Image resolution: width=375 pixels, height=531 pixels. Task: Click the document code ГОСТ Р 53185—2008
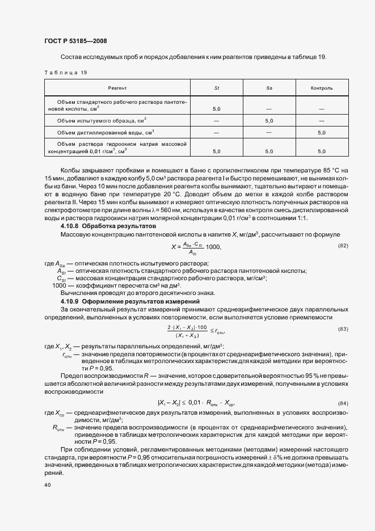pyautogui.click(x=75, y=41)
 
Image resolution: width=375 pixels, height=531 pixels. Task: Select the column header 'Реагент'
pyautogui.click(x=117, y=88)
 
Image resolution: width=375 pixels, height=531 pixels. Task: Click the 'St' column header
pyautogui.click(x=216, y=88)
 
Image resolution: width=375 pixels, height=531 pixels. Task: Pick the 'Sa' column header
pyautogui.click(x=269, y=88)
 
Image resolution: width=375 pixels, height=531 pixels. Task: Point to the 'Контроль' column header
pyautogui.click(x=321, y=88)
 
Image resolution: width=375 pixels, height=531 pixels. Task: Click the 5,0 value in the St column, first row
pyautogui.click(x=216, y=108)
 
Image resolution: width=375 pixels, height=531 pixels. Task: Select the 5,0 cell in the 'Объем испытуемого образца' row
pyautogui.click(x=269, y=120)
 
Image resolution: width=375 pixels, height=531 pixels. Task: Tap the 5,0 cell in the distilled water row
pyautogui.click(x=321, y=132)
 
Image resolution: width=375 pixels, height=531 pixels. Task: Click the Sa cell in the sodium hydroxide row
pyautogui.click(x=269, y=151)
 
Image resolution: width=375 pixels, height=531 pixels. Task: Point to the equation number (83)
pyautogui.click(x=343, y=329)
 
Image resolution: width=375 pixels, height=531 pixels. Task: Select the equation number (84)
pyautogui.click(x=343, y=402)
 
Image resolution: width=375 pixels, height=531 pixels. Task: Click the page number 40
pyautogui.click(x=47, y=485)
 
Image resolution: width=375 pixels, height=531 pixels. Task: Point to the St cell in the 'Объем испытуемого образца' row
pyautogui.click(x=216, y=120)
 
